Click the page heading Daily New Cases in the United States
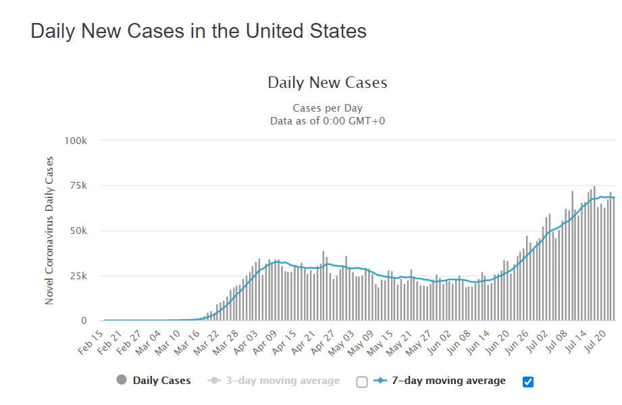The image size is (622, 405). [199, 31]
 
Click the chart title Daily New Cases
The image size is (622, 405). [328, 83]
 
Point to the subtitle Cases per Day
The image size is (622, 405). [328, 108]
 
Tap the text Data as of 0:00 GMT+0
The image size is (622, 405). [328, 120]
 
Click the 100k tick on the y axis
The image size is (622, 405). [76, 141]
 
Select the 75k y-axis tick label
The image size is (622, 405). [78, 186]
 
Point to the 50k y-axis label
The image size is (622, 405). [78, 231]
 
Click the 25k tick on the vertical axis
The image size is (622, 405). [78, 276]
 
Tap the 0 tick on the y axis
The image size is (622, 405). [84, 321]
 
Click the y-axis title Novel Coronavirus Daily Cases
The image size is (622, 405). [49, 231]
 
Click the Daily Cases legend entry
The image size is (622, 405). [161, 381]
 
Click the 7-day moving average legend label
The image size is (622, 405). [448, 381]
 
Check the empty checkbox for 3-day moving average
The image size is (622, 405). [362, 382]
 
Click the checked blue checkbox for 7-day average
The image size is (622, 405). [528, 382]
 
